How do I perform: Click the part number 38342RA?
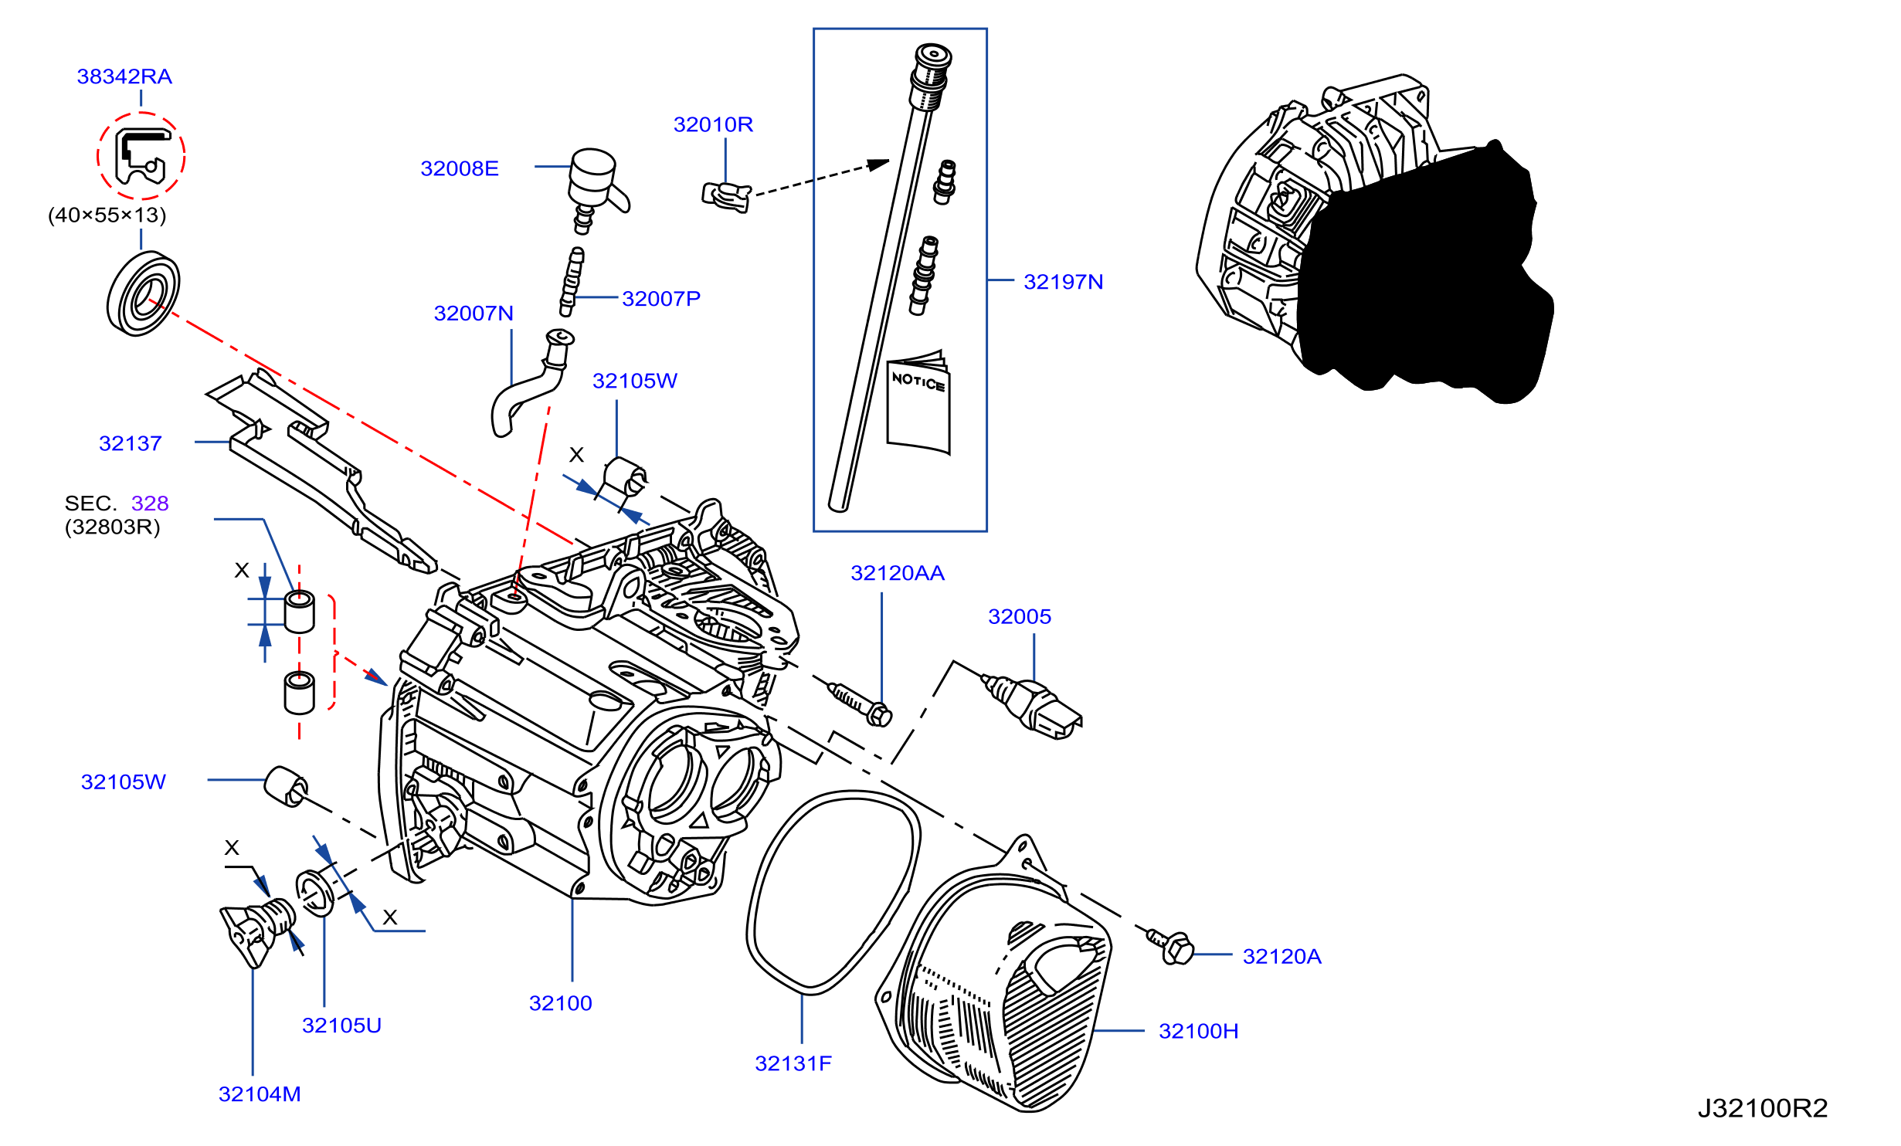tap(124, 76)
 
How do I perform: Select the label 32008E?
tap(460, 168)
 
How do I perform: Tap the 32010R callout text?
tap(713, 124)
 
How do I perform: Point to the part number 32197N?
tap(1063, 282)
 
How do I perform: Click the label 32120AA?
tap(898, 573)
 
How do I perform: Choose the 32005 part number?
tap(1020, 616)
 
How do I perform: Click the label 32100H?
tap(1198, 1031)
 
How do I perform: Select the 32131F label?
tap(793, 1063)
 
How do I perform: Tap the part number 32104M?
tap(260, 1094)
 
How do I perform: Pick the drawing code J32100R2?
tap(1763, 1108)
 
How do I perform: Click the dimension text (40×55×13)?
tap(107, 215)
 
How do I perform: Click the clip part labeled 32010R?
tap(726, 195)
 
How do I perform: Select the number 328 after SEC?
tap(150, 503)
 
